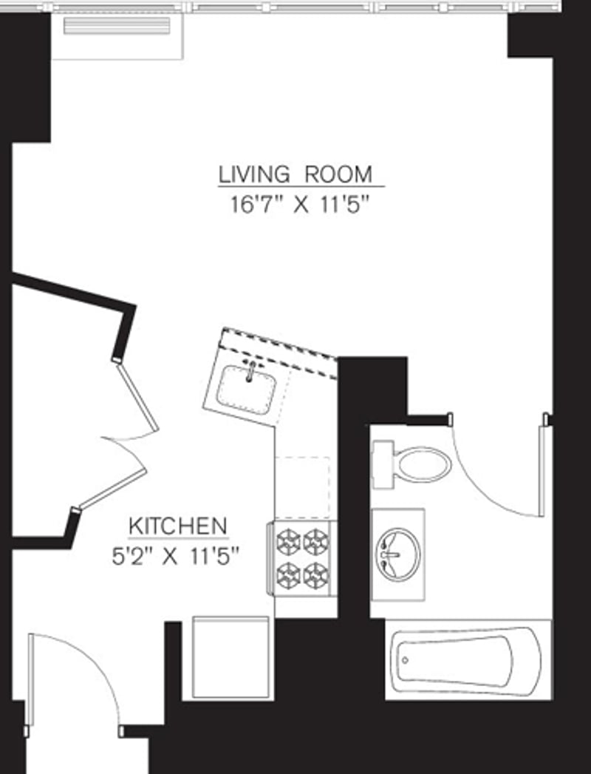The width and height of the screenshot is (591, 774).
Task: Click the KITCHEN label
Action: [x=177, y=526]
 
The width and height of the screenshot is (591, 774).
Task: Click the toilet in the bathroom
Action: [x=422, y=464]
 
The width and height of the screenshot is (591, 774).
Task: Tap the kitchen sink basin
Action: [x=246, y=386]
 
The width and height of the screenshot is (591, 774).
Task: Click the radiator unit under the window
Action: [x=116, y=27]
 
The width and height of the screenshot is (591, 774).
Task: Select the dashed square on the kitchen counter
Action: [x=302, y=488]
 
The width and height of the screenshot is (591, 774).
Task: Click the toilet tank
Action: [x=382, y=464]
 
